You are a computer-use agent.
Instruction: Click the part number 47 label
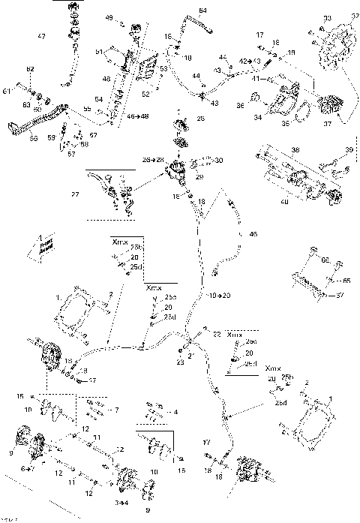click(41, 37)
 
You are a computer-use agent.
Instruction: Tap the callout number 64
click(202, 10)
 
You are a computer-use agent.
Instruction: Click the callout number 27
click(94, 194)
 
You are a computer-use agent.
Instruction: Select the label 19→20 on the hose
click(220, 296)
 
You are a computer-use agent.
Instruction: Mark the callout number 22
click(216, 333)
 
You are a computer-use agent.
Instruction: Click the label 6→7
click(26, 468)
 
